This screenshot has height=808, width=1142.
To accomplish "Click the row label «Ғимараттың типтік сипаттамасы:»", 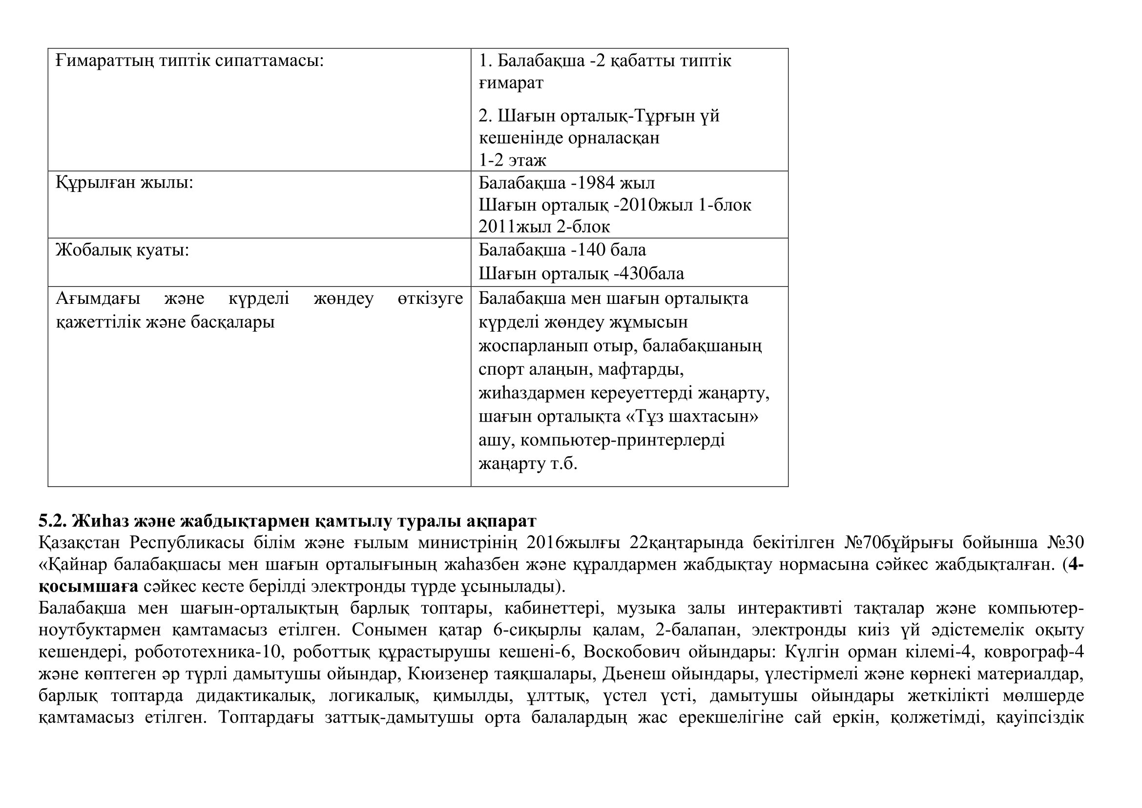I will click(x=189, y=61).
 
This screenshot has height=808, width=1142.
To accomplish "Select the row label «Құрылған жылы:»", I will click(x=125, y=183).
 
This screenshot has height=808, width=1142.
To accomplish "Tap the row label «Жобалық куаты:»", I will click(x=123, y=250).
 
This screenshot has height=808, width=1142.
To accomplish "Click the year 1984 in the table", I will click(x=595, y=183).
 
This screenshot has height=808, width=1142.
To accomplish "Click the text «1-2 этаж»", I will click(x=512, y=160).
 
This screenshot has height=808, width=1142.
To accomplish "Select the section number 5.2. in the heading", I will click(x=52, y=521).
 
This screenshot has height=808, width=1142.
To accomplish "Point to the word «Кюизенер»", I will click(x=448, y=674).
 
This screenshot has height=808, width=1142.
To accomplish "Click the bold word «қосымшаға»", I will click(x=88, y=586).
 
